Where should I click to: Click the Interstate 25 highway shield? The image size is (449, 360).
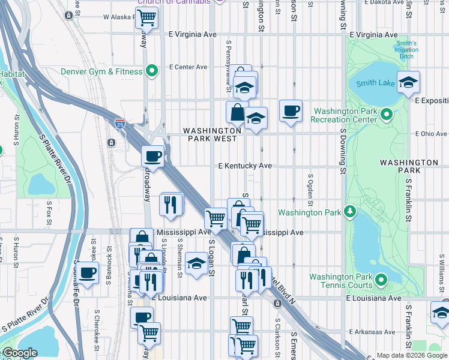coord(120,124)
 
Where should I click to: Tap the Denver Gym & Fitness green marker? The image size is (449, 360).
coord(152,71)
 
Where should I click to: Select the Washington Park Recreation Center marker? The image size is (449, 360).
coord(387,114)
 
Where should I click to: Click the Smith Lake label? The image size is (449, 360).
coord(376,83)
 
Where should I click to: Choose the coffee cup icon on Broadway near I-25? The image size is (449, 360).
coord(152,157)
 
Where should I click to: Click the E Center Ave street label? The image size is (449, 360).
coord(188,67)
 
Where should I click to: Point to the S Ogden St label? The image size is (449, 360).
coord(310,188)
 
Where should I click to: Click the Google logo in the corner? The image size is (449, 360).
coord(20,353)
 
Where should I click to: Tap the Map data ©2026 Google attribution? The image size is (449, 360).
coord(411,355)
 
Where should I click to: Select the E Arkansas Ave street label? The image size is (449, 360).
coord(371,332)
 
